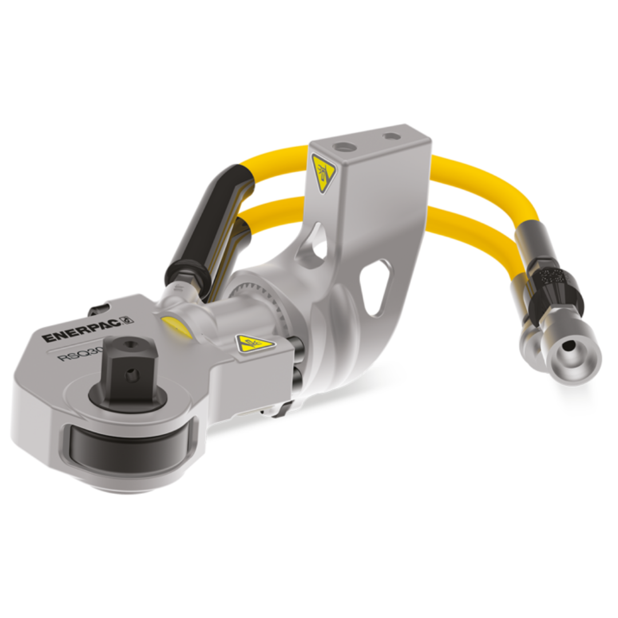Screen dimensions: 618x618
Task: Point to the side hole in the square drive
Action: [133, 375]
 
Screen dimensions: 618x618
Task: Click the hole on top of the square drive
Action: [127, 344]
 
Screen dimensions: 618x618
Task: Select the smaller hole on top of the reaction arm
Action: [391, 137]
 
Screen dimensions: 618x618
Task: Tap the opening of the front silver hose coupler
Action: [570, 346]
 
